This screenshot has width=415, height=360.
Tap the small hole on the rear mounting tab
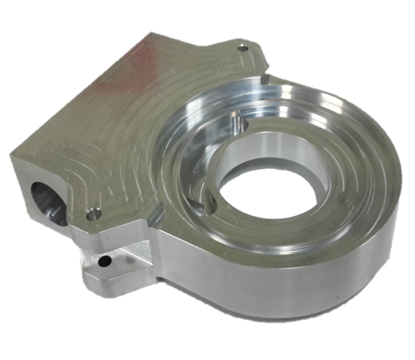(x=242, y=48)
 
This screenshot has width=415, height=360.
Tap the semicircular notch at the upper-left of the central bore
(x=239, y=125)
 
